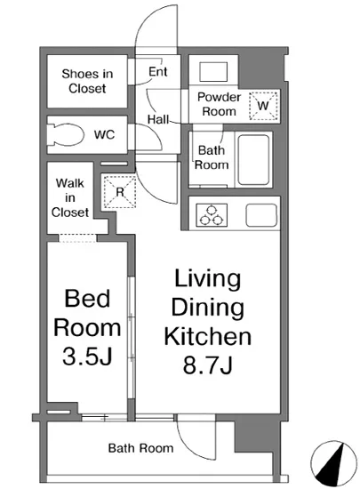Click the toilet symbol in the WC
pyautogui.click(x=66, y=135)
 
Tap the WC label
pyautogui.click(x=104, y=135)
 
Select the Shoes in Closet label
pyautogui.click(x=87, y=81)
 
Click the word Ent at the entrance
pyautogui.click(x=158, y=72)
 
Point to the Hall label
pyautogui.click(x=158, y=119)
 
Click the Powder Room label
pyautogui.click(x=220, y=104)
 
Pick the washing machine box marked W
pyautogui.click(x=263, y=106)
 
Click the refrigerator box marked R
pyautogui.click(x=120, y=192)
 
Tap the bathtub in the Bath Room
pyautogui.click(x=253, y=160)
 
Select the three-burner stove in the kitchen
pyautogui.click(x=212, y=215)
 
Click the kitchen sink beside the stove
pyautogui.click(x=261, y=215)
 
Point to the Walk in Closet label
pyautogui.click(x=70, y=197)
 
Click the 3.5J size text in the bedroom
pyautogui.click(x=87, y=357)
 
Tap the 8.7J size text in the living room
pyautogui.click(x=208, y=365)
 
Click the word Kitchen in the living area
pyautogui.click(x=208, y=336)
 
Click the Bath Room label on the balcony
pyautogui.click(x=140, y=448)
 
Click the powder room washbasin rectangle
pyautogui.click(x=213, y=72)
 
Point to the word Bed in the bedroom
pyautogui.click(x=87, y=299)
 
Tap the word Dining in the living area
pyautogui.click(x=208, y=308)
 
